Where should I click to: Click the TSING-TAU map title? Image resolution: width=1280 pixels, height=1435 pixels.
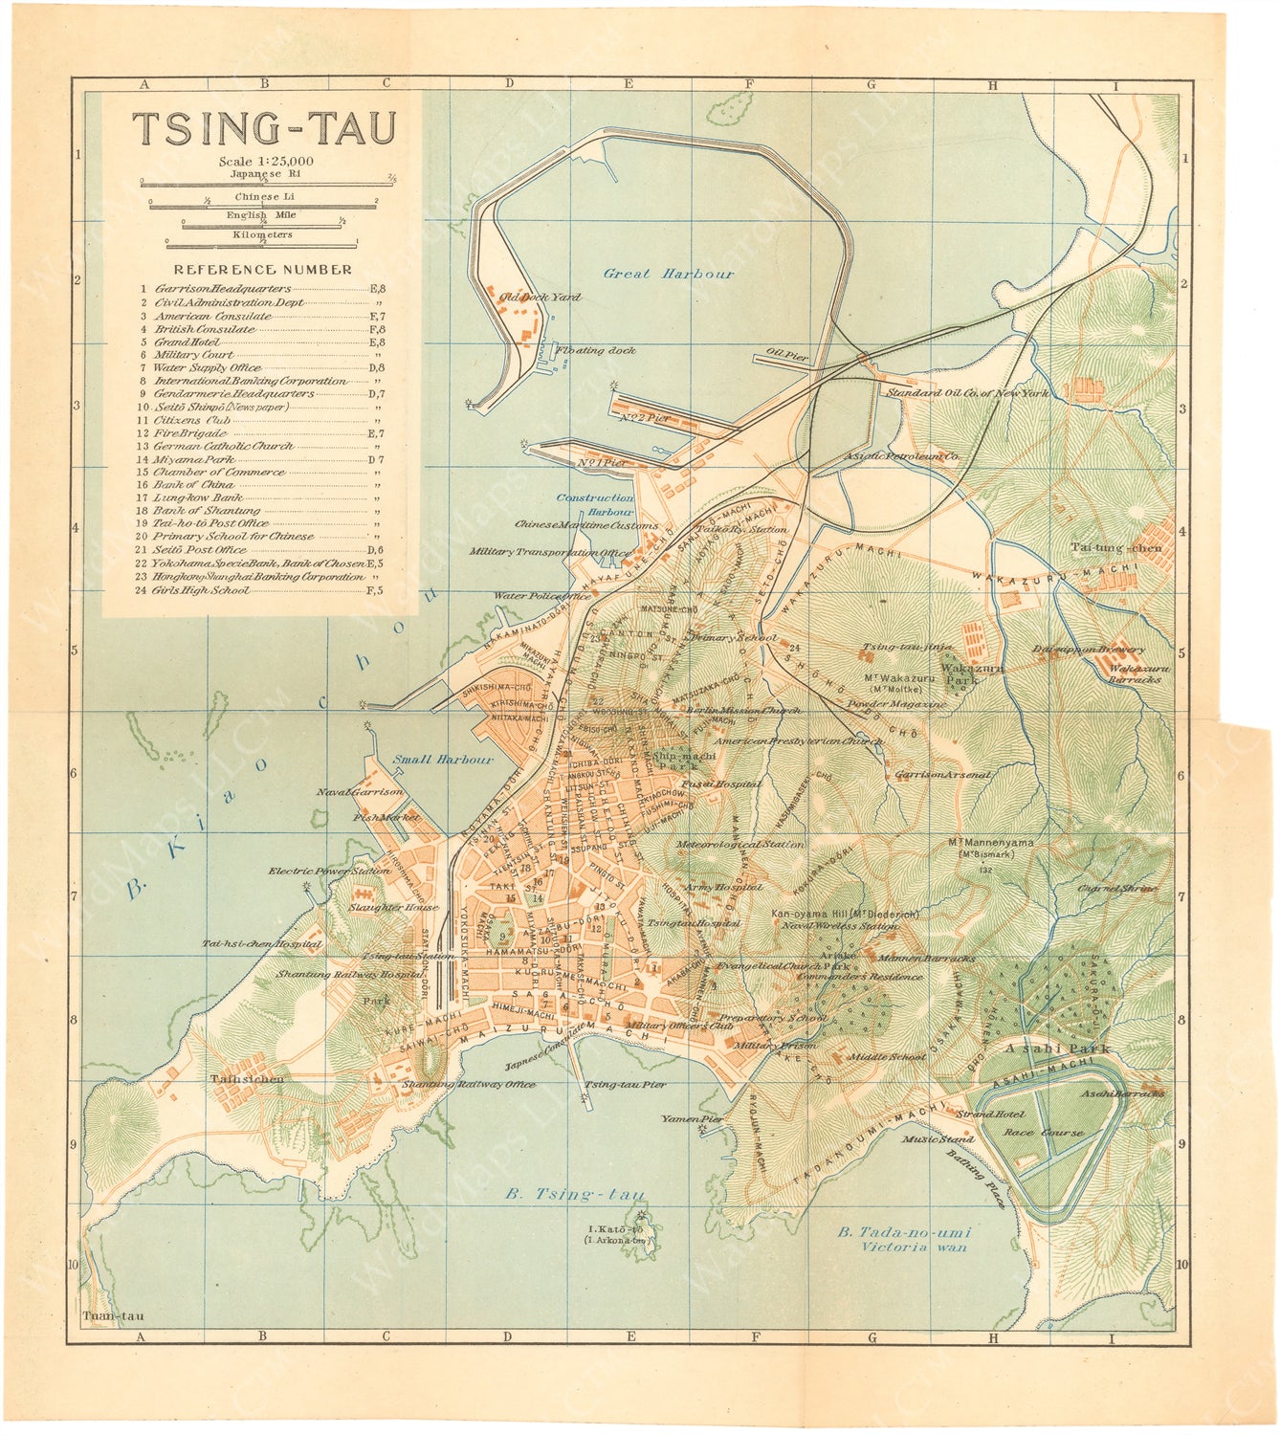pyautogui.click(x=262, y=128)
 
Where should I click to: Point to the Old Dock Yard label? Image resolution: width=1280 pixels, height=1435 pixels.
pyautogui.click(x=540, y=298)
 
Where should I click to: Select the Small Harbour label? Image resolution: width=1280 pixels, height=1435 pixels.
pyautogui.click(x=443, y=760)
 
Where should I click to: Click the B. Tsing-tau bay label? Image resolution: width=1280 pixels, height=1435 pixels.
pyautogui.click(x=574, y=1195)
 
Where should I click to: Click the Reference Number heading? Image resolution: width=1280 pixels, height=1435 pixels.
pyautogui.click(x=262, y=270)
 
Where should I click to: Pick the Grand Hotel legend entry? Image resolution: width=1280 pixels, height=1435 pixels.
pyautogui.click(x=187, y=342)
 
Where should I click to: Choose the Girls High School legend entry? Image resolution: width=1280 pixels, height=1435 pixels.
pyautogui.click(x=201, y=590)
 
